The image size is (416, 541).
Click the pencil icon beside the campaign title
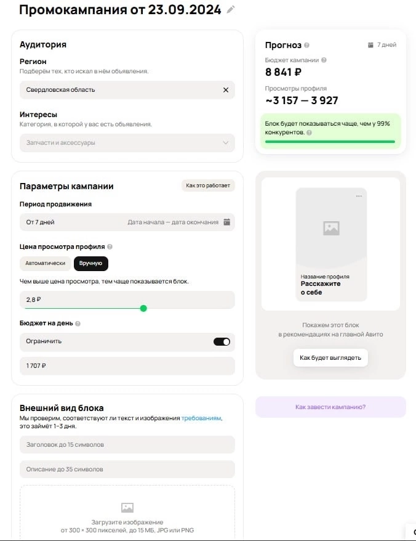tap(231, 9)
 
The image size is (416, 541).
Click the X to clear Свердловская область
tap(225, 90)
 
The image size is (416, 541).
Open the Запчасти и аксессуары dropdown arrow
tap(225, 143)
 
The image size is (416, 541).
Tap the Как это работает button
tap(208, 185)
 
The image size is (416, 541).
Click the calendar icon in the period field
tap(226, 222)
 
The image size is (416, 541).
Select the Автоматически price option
tap(46, 263)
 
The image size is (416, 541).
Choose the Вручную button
tap(91, 263)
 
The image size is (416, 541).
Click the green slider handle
tap(143, 308)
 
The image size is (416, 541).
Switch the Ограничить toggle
tap(222, 341)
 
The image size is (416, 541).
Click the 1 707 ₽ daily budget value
tap(36, 366)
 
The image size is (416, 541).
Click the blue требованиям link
tap(201, 418)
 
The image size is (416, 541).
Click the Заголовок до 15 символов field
tap(127, 444)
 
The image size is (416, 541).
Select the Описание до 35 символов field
tap(127, 469)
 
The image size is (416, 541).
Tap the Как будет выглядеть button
tap(330, 357)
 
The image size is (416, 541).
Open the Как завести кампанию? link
tap(330, 407)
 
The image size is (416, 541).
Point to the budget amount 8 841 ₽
tap(283, 72)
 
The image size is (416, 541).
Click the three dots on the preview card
tap(359, 196)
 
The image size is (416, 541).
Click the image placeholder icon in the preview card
tap(331, 228)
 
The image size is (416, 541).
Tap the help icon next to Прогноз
tap(307, 45)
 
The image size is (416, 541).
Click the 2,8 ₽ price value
tap(34, 299)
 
